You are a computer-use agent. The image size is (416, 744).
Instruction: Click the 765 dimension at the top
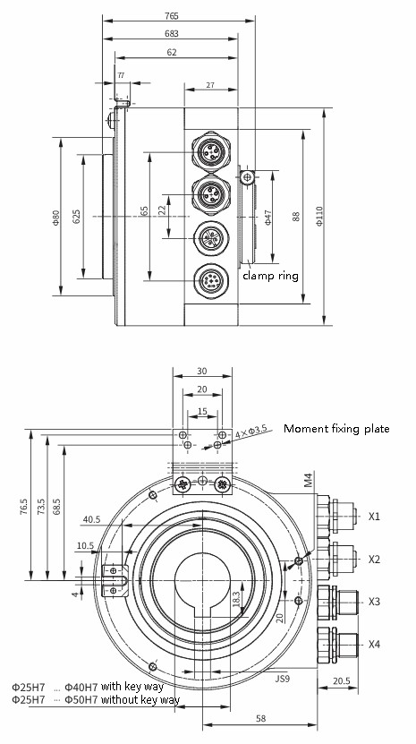click(172, 16)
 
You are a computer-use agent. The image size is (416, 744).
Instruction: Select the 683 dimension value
click(172, 34)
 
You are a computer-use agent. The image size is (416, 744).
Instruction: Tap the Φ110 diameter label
click(320, 217)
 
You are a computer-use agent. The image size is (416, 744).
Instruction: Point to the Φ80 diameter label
click(56, 217)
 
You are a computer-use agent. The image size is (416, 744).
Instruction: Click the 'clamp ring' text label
click(270, 276)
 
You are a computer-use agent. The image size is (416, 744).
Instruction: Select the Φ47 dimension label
click(268, 217)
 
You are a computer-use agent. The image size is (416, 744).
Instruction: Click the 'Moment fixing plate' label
click(336, 429)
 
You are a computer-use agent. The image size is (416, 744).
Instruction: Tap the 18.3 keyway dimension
click(235, 598)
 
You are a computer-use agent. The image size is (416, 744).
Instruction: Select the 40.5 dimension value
click(91, 519)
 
